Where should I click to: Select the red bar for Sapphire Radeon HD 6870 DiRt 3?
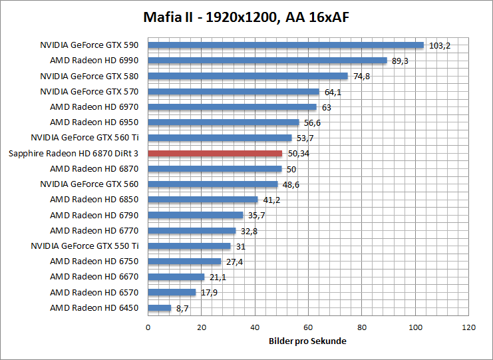tap(215, 153)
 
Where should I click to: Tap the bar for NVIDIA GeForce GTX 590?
tap(285, 45)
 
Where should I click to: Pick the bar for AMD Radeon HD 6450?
tap(160, 308)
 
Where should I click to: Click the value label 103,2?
tap(440, 46)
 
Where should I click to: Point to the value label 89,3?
tap(400, 61)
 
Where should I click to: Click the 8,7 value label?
tap(182, 309)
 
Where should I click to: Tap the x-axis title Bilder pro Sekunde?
tap(308, 341)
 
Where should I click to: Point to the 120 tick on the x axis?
tap(469, 327)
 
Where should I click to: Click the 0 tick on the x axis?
tap(148, 327)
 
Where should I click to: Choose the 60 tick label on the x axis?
tap(308, 327)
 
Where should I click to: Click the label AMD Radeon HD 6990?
tap(94, 61)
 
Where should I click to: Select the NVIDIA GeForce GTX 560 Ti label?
tap(84, 138)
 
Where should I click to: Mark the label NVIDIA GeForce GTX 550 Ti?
tap(84, 246)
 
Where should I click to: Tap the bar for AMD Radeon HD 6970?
tap(232, 106)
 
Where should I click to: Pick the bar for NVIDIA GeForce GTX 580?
tap(247, 76)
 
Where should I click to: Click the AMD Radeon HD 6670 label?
tap(94, 277)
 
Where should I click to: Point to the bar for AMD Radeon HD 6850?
tap(203, 200)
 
